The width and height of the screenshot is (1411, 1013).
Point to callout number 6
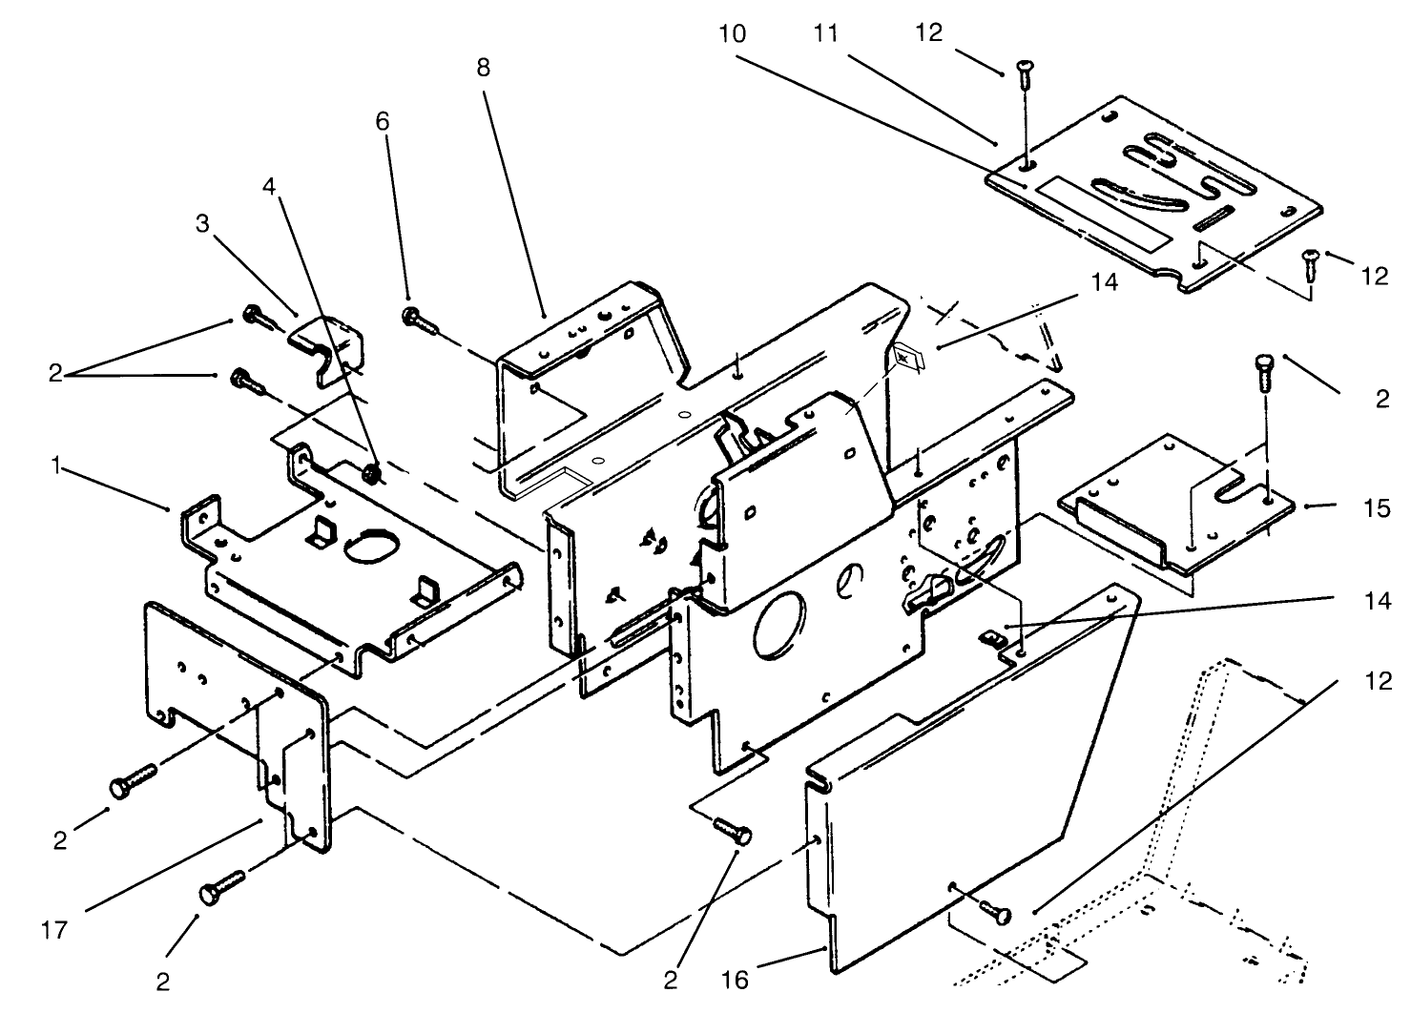[383, 122]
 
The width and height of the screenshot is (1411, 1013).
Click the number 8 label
[484, 69]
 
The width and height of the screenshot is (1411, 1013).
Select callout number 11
[826, 33]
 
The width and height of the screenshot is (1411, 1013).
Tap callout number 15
[1376, 507]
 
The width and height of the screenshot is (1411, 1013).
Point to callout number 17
[55, 929]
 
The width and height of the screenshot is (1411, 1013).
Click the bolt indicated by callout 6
[420, 320]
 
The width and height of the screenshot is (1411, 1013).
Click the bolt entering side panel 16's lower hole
[992, 911]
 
